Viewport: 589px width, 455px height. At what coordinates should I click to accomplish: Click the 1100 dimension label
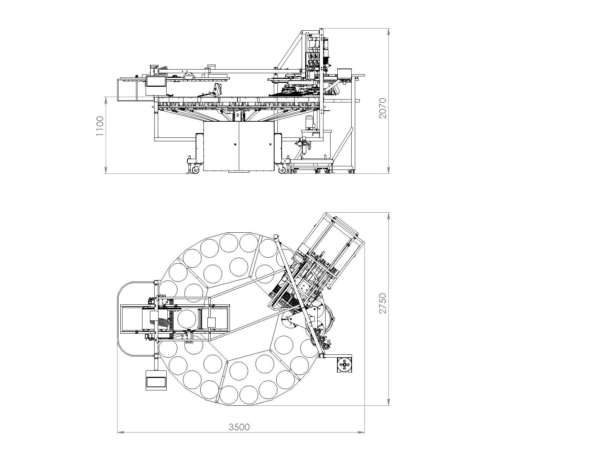(x=100, y=126)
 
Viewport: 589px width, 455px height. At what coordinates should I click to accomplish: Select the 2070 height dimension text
(x=383, y=108)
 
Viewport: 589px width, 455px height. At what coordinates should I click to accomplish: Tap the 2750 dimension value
(x=383, y=304)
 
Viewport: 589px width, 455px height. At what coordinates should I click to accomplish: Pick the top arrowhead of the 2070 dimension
(x=389, y=32)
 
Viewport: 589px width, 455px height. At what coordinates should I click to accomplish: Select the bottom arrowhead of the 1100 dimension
(x=106, y=170)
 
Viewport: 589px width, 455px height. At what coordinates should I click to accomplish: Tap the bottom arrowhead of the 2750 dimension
(x=389, y=402)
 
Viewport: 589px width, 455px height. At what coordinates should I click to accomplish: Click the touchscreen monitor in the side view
(x=156, y=81)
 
